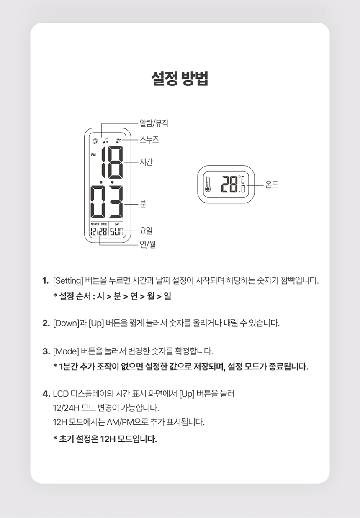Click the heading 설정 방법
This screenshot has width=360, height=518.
(180, 78)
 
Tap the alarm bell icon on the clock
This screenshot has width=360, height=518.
(95, 141)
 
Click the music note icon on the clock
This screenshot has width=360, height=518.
(106, 141)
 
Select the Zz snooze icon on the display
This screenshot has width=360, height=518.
(118, 141)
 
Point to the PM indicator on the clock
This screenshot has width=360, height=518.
(93, 154)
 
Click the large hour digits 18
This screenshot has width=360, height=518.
(113, 162)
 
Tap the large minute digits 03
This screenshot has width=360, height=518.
(107, 202)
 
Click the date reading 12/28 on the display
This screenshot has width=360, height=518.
(99, 231)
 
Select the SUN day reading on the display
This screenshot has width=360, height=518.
(117, 231)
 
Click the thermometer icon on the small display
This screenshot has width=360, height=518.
(208, 184)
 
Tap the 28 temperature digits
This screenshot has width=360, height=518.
(229, 184)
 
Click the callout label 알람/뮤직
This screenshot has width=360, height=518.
(154, 123)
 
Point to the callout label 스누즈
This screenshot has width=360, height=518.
(149, 140)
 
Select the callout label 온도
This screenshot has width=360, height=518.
(272, 185)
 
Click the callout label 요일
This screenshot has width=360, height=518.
(146, 231)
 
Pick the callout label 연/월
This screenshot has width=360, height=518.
(148, 244)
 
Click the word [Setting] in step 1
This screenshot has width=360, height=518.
(68, 281)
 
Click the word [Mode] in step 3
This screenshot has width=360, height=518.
(66, 351)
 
